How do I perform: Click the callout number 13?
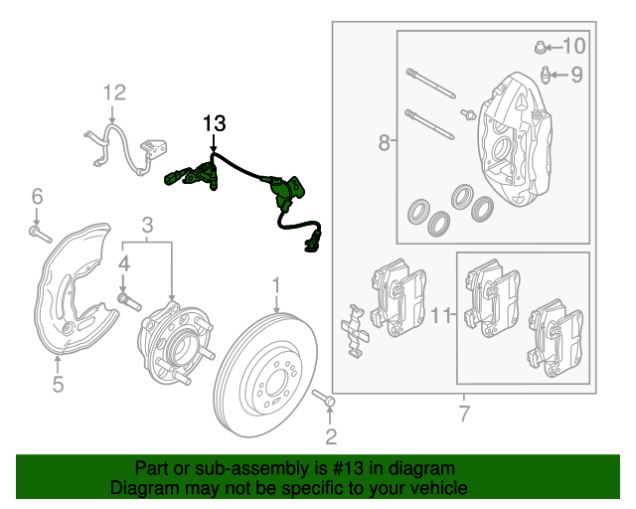point(215,124)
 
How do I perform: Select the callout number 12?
point(115,93)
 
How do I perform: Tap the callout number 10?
point(574,46)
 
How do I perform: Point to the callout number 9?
point(576,74)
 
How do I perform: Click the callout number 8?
point(385,144)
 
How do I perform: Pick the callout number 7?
point(463,413)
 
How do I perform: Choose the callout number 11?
point(442,316)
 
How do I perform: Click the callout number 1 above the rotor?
point(276,288)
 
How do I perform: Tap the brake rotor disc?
point(266,373)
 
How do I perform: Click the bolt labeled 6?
point(37,235)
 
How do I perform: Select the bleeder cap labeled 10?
point(541,46)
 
